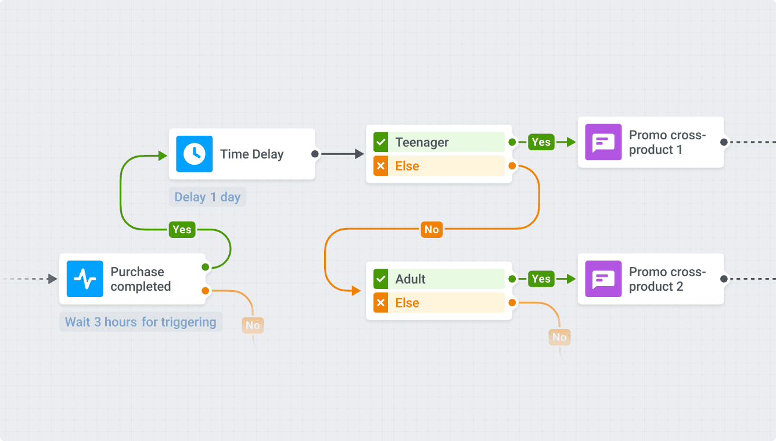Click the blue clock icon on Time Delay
tap(194, 154)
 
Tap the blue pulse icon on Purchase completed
tap(85, 279)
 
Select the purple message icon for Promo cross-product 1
tap(603, 142)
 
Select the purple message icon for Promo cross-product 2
tap(603, 279)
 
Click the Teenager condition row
tap(439, 142)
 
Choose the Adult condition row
tap(439, 279)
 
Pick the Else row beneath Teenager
tap(439, 167)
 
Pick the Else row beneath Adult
tap(439, 303)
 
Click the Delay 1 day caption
tap(207, 197)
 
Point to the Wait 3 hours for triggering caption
tap(141, 322)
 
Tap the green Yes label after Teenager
tap(541, 142)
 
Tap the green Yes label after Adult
tap(541, 279)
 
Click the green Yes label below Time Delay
tap(182, 230)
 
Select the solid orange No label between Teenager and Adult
tap(432, 230)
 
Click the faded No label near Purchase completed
tap(253, 326)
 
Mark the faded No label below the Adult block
tap(559, 337)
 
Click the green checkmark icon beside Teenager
tap(380, 142)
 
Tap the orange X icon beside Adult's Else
tap(380, 303)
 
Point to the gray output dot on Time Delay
tap(315, 154)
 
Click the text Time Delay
tap(252, 154)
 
